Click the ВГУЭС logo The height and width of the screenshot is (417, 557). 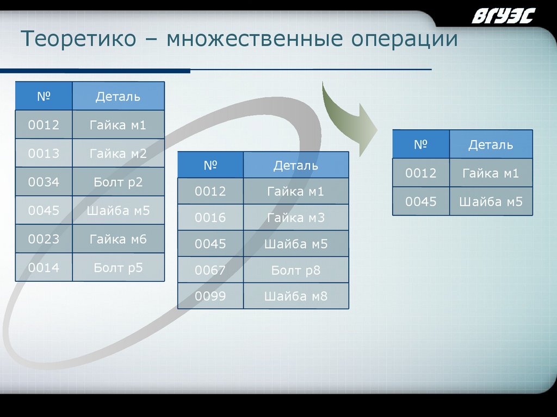(504, 16)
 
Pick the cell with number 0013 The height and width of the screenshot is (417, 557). (44, 154)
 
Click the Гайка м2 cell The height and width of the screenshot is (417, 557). (118, 154)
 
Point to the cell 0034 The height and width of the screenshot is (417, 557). (44, 182)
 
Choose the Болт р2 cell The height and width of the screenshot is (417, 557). (118, 182)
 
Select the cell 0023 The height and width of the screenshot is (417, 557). (44, 239)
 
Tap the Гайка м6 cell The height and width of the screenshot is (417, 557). (118, 239)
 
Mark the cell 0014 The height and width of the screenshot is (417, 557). (44, 267)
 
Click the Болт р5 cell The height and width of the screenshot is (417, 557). (118, 267)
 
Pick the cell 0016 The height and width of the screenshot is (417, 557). (210, 218)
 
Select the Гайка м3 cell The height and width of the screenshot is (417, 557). (296, 218)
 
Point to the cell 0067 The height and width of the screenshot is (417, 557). (210, 270)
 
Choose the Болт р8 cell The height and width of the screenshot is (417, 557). (296, 270)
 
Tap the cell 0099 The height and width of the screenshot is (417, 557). (210, 296)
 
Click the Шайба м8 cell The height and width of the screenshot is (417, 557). (296, 296)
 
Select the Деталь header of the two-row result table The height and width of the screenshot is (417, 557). (491, 144)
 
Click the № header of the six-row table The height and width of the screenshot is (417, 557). (44, 97)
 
